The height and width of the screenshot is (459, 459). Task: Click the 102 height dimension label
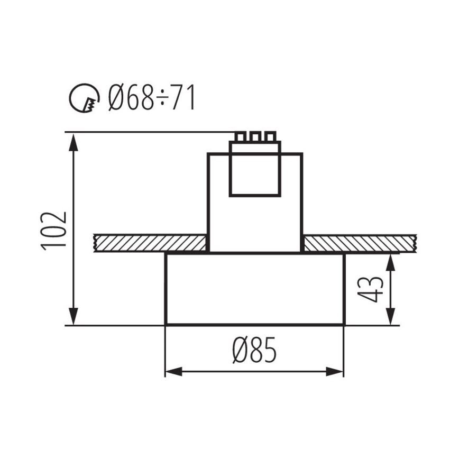coord(53,230)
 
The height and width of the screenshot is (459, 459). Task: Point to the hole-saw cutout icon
coord(85,98)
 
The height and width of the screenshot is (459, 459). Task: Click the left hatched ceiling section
coord(150,243)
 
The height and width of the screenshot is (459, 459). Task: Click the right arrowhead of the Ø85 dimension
coord(336,371)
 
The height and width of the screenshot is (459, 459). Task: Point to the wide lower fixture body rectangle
coord(254,289)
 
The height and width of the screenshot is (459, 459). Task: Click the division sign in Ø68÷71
coord(163,98)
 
